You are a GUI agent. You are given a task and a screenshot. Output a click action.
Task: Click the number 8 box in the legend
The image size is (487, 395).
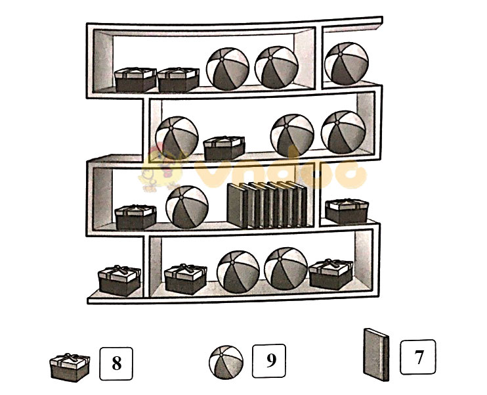pyautogui.click(x=116, y=363)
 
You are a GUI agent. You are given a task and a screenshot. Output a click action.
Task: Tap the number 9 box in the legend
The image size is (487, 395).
pyautogui.click(x=269, y=361)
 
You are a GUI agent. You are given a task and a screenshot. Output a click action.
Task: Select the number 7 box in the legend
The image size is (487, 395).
pyautogui.click(x=417, y=357)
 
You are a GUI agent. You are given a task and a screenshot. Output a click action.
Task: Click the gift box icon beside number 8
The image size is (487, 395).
pyautogui.click(x=70, y=367)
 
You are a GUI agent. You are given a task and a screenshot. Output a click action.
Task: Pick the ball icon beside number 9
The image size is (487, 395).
pyautogui.click(x=226, y=362)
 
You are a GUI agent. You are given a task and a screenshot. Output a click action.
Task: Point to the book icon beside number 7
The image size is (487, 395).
pyautogui.click(x=376, y=354)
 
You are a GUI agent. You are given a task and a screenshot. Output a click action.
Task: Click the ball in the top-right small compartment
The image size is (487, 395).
pyautogui.click(x=347, y=64)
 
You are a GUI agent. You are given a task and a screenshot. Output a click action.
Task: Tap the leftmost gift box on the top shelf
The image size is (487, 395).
pyautogui.click(x=135, y=80)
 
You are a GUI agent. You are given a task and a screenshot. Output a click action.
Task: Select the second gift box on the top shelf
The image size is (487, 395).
pyautogui.click(x=179, y=80)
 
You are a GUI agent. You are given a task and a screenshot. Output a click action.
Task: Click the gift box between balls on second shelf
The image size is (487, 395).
pyautogui.click(x=224, y=148)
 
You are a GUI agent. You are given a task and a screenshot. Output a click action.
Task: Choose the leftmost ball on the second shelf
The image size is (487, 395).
pyautogui.click(x=177, y=138)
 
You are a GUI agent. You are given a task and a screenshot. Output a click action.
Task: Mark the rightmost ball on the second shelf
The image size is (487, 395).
pyautogui.click(x=343, y=132)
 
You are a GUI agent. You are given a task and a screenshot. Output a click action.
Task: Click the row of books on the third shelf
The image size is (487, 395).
pyautogui.click(x=267, y=204)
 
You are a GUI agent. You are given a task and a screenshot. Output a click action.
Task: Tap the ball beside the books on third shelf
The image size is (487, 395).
pyautogui.click(x=187, y=207)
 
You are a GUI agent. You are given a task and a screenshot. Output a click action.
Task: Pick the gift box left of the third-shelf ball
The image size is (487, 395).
pyautogui.click(x=135, y=217)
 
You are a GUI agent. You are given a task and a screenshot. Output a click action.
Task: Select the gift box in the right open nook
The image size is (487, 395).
pyautogui.click(x=347, y=212)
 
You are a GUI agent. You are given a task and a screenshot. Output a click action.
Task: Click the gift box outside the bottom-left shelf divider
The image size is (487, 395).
pyautogui.click(x=119, y=281)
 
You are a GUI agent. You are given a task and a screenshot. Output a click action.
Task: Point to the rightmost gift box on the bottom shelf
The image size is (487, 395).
pyautogui.click(x=331, y=274)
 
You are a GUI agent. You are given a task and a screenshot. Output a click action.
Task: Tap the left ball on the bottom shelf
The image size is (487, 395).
pyautogui.click(x=238, y=272)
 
